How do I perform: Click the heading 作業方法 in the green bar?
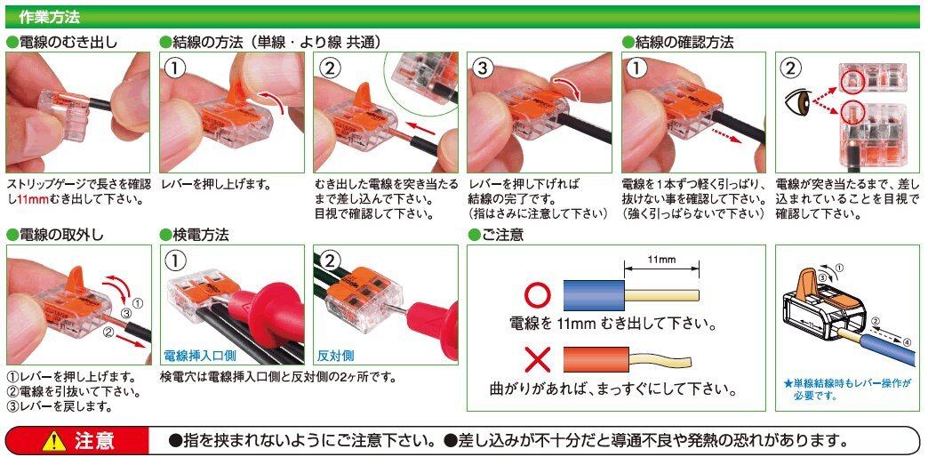(49, 17)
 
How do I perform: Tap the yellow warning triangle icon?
(54, 441)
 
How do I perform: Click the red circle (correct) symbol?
(538, 294)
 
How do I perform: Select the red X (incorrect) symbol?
(538, 359)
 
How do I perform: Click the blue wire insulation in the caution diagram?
(594, 295)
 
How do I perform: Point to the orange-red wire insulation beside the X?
(594, 359)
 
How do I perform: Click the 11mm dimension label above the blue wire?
(661, 260)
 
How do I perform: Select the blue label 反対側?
(336, 356)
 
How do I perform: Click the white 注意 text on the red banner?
(94, 441)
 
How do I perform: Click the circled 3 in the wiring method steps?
(483, 68)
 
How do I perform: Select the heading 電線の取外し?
(55, 235)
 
